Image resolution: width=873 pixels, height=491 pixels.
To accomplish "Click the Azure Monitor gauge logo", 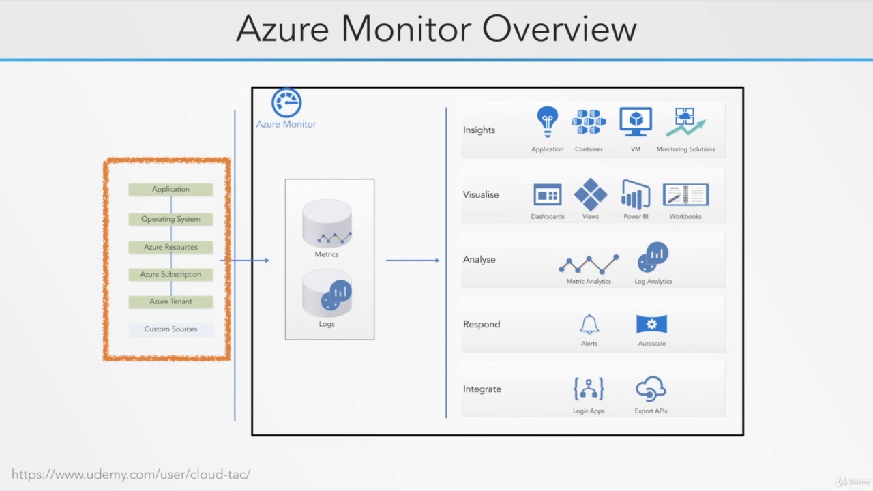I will pos(286,103).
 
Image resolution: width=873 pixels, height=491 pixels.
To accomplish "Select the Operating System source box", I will pos(171,219).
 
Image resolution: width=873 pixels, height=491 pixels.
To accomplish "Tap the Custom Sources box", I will pos(171,329).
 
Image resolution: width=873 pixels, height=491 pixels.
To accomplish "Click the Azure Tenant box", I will pos(171,301).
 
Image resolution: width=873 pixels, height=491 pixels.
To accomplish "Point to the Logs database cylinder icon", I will pos(327,293).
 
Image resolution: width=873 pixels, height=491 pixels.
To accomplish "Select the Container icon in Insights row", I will pos(589,122).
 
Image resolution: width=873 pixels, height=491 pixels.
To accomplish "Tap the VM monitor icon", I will pos(636,122).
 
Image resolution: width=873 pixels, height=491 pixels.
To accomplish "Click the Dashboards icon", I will pos(547,195).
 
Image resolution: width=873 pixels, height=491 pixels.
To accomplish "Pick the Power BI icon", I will pos(636,195).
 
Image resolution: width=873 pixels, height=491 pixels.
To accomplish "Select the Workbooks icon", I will pos(685,195).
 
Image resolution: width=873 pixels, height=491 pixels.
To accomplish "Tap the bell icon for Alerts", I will pos(589,324).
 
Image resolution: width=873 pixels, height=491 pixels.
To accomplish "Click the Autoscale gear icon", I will pos(651,324).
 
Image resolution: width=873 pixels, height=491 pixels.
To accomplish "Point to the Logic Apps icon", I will pos(589,389).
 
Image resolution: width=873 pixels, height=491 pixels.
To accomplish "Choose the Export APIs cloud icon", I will pos(651,389).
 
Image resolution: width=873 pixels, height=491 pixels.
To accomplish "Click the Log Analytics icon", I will pos(653,258).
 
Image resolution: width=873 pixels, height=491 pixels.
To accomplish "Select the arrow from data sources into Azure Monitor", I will pos(245,260).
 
